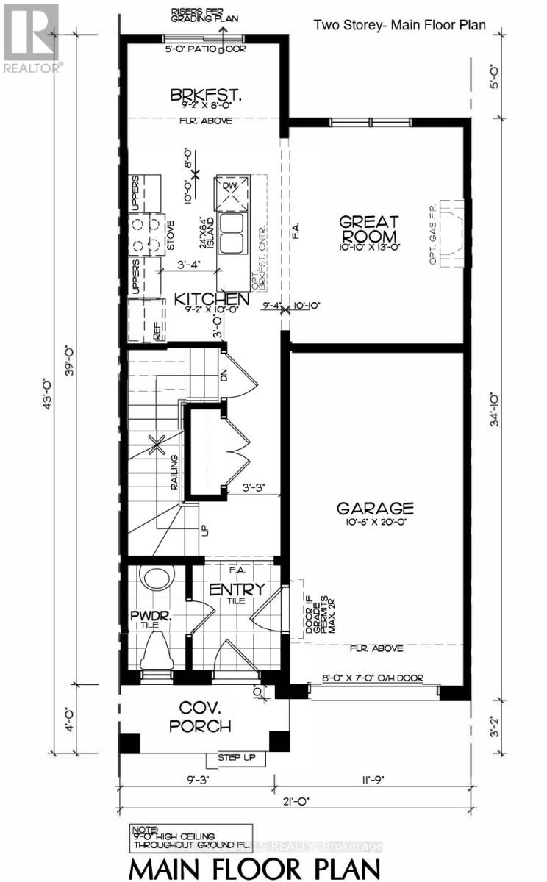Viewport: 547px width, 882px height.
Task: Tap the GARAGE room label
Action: [375, 508]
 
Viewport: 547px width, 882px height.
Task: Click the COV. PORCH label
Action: [196, 717]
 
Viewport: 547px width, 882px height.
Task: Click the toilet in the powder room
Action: [156, 650]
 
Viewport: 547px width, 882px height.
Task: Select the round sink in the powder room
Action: [155, 580]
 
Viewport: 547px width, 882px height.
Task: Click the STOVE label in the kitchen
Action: [169, 234]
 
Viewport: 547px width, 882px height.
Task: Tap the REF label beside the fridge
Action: [157, 332]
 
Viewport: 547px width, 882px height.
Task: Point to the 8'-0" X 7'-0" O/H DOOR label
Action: [373, 678]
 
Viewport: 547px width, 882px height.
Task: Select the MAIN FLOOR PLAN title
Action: [256, 864]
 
